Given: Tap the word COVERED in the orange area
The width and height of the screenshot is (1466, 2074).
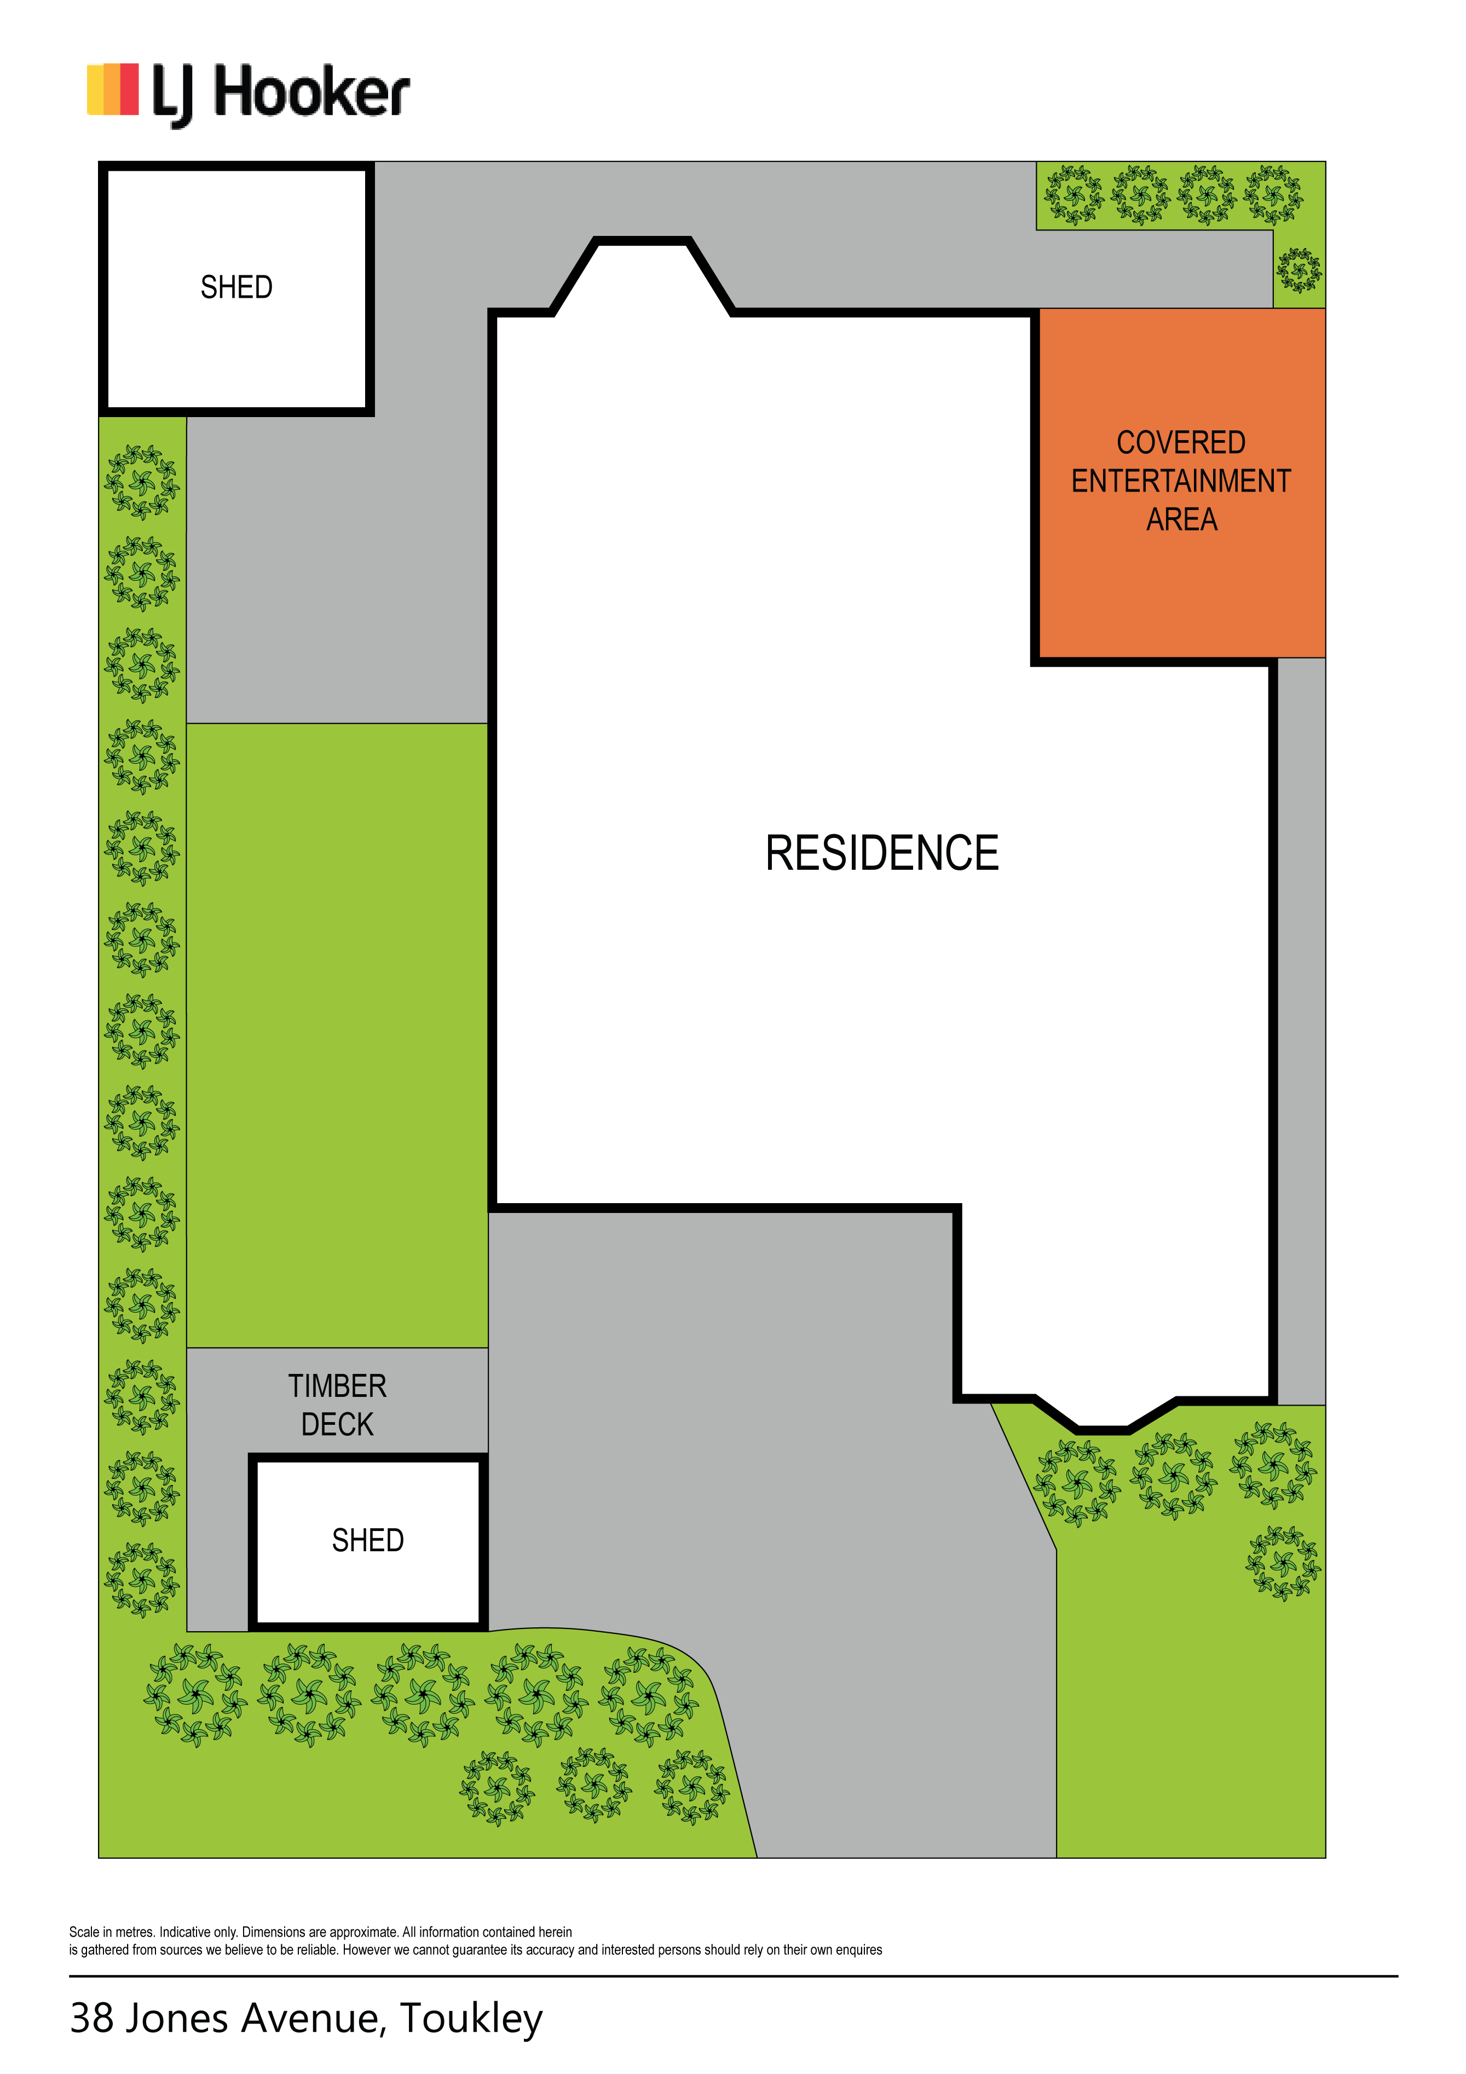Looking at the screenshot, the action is pyautogui.click(x=1181, y=443).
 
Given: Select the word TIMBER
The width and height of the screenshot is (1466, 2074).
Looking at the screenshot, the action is pyautogui.click(x=337, y=1386).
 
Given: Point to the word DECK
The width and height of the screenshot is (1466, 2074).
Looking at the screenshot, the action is pyautogui.click(x=337, y=1424).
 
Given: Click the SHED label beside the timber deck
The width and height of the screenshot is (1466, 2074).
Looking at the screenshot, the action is pyautogui.click(x=368, y=1540).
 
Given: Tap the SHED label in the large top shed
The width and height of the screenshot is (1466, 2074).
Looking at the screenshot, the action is pyautogui.click(x=236, y=287).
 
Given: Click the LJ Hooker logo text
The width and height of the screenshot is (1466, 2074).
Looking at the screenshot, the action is pyautogui.click(x=281, y=94).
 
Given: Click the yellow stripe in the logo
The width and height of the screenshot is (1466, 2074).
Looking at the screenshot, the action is pyautogui.click(x=95, y=89).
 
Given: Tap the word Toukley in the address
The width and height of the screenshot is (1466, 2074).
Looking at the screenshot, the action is pyautogui.click(x=471, y=2019).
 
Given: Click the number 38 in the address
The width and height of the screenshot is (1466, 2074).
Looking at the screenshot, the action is pyautogui.click(x=91, y=2019).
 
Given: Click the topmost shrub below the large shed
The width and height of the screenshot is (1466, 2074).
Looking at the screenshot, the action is pyautogui.click(x=142, y=482).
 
